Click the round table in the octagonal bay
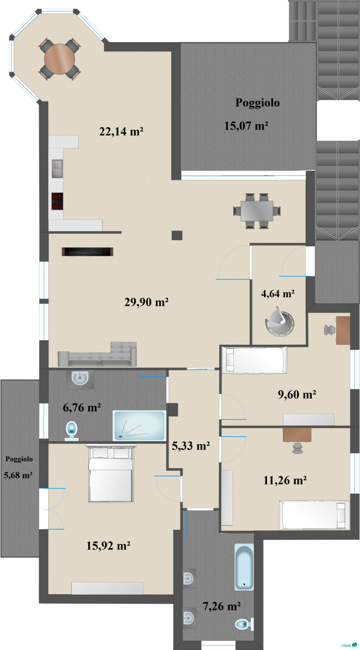click(59, 59)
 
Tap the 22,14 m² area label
click(121, 132)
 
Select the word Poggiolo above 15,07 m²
click(257, 103)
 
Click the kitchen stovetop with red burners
click(57, 201)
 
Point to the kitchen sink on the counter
click(57, 168)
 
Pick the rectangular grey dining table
click(257, 211)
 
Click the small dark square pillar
click(177, 235)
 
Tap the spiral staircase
click(279, 322)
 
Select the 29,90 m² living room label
click(147, 302)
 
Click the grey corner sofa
click(97, 354)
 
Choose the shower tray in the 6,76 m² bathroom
click(139, 426)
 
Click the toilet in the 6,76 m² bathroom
click(72, 431)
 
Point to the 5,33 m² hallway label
click(191, 446)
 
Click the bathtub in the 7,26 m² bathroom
click(244, 568)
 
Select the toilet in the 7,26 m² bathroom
click(244, 625)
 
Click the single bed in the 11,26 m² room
click(314, 515)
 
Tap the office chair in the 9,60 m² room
click(329, 330)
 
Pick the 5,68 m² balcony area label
click(18, 475)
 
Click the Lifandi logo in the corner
click(349, 645)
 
